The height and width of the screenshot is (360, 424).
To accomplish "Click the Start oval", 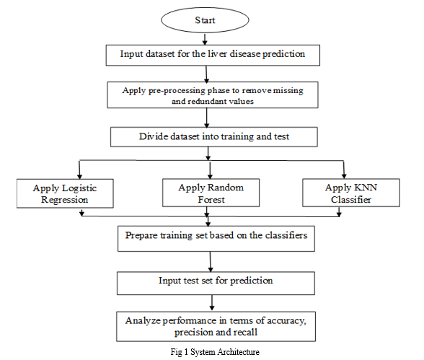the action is (x=205, y=20).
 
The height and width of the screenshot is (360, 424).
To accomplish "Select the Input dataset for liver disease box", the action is (x=213, y=55).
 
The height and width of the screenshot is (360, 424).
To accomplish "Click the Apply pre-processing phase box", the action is (x=213, y=95).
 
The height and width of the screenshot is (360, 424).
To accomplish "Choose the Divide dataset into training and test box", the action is (x=214, y=137).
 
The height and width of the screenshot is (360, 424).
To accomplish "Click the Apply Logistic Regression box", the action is (x=65, y=193).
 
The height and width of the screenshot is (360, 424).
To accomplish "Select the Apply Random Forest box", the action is (x=211, y=193).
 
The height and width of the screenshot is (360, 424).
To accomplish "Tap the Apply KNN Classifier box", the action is (x=351, y=193).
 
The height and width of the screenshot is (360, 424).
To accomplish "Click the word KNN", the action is (x=366, y=188).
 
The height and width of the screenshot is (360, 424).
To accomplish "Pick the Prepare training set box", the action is (x=216, y=239).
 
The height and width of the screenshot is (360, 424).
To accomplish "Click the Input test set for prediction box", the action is (x=216, y=284).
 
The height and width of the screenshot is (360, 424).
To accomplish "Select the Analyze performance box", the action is (x=216, y=327).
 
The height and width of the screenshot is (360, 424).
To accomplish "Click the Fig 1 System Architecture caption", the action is (x=215, y=352).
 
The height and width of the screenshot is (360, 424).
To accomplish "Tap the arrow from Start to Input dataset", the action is (x=205, y=39).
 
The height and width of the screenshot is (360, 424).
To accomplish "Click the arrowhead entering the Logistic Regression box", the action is (x=79, y=176).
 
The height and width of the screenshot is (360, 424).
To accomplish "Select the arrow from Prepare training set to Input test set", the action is (x=211, y=262).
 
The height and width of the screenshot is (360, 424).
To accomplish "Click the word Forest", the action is (x=211, y=200).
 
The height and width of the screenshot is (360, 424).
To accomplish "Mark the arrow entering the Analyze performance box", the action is (x=212, y=303).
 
